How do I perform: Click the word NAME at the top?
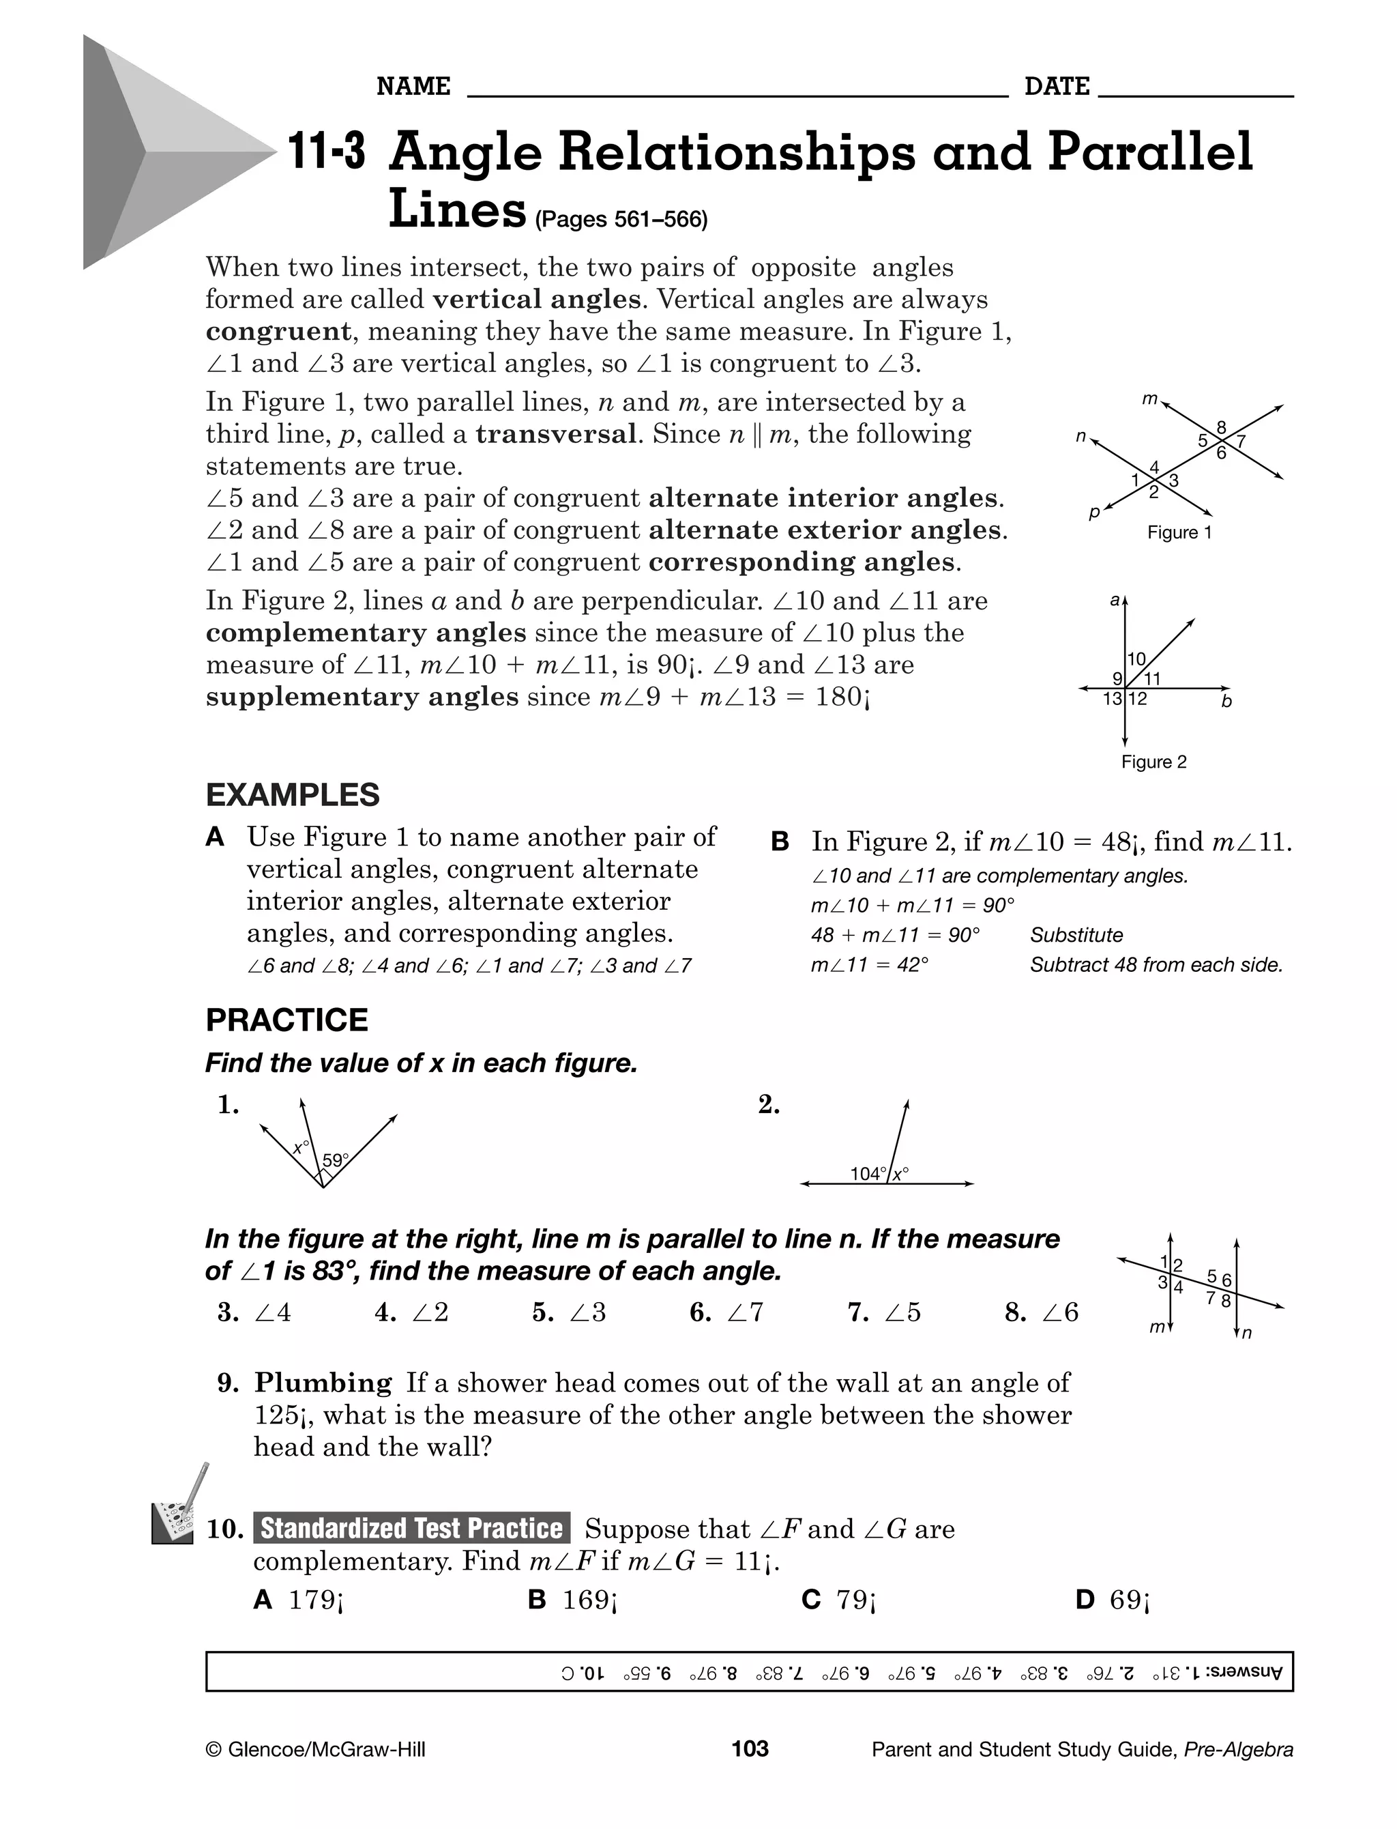point(413,87)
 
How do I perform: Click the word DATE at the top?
point(1056,87)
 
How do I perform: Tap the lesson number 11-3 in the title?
point(326,153)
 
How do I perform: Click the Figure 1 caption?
point(1179,532)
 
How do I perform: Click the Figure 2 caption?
point(1153,762)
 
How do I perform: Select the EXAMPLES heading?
point(292,795)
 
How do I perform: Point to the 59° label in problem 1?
point(335,1160)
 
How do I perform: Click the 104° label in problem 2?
point(868,1174)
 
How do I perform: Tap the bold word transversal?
point(555,434)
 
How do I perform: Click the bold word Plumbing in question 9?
point(323,1383)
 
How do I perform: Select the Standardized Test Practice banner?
point(411,1529)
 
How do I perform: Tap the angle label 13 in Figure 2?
point(1112,700)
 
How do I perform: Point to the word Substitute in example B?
point(1076,935)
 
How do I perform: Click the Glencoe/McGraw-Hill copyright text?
point(315,1750)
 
